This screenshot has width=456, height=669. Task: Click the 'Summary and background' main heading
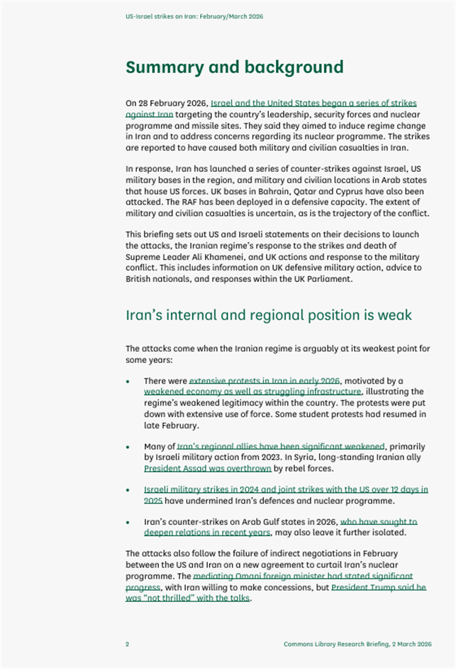(234, 67)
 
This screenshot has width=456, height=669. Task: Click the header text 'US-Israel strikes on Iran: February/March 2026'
(194, 16)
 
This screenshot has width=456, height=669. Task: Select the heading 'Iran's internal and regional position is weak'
(269, 315)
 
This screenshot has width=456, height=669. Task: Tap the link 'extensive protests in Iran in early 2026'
(265, 381)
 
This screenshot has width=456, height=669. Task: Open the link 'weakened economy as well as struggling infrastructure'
(252, 391)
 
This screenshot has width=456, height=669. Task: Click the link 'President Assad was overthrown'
(208, 469)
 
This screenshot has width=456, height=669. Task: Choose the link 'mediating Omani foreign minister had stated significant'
(303, 576)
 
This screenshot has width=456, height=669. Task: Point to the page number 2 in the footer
(128, 644)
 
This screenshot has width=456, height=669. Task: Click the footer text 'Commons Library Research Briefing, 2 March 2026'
(357, 644)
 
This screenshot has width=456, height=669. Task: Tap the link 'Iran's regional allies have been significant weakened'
(281, 447)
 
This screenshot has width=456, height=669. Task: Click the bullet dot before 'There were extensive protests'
(128, 381)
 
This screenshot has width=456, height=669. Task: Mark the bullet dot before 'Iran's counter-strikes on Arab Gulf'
(128, 522)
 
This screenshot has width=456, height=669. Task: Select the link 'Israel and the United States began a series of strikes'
(313, 103)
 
